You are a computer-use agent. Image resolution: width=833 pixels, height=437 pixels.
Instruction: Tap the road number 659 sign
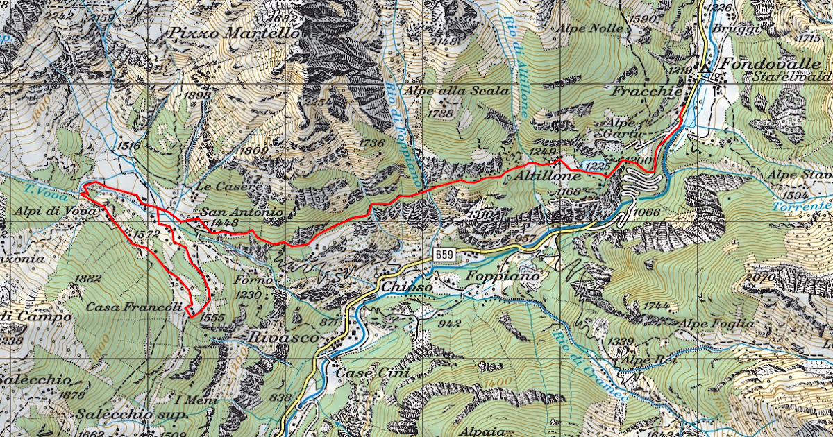445,256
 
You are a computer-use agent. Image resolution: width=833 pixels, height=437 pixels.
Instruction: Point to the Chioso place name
407,286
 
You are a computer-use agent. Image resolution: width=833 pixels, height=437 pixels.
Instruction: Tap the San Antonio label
242,212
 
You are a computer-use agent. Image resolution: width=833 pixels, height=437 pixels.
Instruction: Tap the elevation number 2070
759,277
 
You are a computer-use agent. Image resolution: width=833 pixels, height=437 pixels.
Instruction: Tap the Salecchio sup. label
131,414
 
